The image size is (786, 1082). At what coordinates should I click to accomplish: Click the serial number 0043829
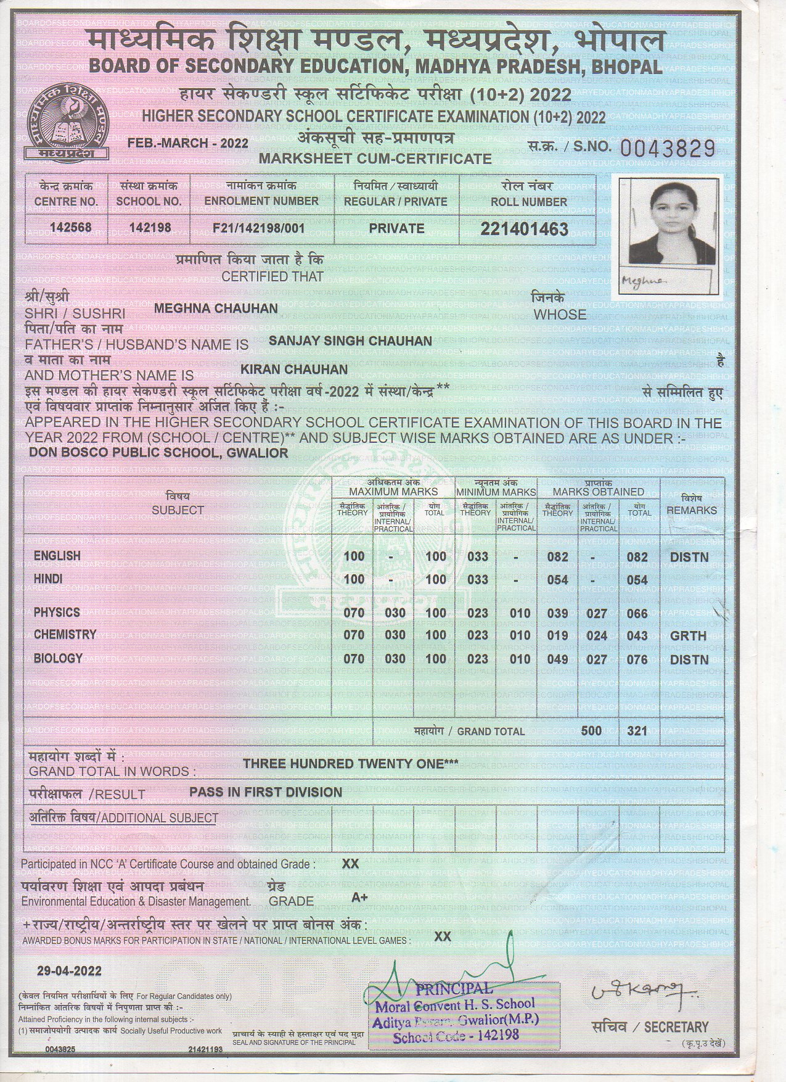[x=666, y=148]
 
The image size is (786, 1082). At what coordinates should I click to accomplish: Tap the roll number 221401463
[x=524, y=229]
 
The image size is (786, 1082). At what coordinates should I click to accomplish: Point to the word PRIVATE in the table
[x=396, y=228]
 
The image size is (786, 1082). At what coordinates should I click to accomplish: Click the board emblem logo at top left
[x=61, y=123]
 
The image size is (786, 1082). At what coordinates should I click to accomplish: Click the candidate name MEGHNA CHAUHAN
[x=215, y=308]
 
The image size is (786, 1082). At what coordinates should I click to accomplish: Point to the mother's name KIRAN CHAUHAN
[x=293, y=369]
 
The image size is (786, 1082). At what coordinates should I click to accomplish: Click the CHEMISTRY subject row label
[x=65, y=635]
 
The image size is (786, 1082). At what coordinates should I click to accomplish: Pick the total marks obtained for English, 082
[x=637, y=557]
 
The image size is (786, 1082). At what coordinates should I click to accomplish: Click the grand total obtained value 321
[x=637, y=731]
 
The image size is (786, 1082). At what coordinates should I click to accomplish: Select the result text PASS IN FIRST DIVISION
[x=265, y=792]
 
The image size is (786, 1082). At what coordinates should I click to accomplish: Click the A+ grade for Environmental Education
[x=359, y=898]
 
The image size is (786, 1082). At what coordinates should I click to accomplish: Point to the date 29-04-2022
[x=60, y=971]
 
